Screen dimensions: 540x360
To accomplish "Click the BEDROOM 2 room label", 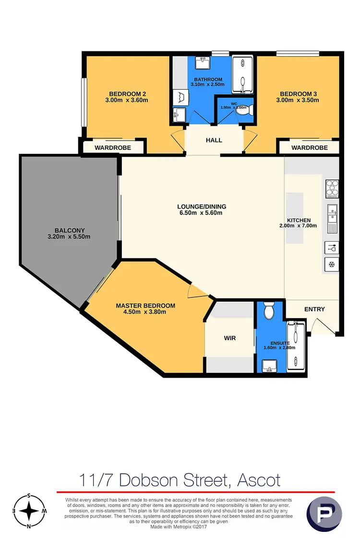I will coord(127,94).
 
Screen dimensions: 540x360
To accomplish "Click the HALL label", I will coord(214,140).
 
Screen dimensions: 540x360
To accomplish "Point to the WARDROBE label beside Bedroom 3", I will coord(310,147).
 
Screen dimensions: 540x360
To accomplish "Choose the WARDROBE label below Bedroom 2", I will coord(113,147).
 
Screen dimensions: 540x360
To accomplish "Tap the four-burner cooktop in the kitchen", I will coord(332,188).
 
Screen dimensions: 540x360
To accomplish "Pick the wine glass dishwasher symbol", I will coord(332,248).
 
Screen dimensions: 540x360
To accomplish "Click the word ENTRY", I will coord(314,309).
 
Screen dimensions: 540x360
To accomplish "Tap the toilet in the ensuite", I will coord(269,311).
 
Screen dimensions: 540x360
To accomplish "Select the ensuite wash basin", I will coord(269,367).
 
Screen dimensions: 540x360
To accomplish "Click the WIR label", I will coord(229,338).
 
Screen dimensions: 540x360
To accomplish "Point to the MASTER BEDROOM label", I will coord(145,306).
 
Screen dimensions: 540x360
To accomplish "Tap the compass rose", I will coord(29,511).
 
